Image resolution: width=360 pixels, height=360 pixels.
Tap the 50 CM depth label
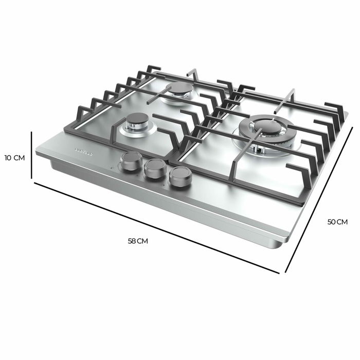[x=338, y=222]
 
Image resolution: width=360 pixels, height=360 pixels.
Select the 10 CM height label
[x=14, y=157]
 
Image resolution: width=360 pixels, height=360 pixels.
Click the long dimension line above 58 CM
[x=154, y=226]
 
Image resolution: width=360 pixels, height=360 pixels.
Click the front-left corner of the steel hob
[x=37, y=154]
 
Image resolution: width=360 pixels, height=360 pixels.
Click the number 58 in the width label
[x=132, y=241]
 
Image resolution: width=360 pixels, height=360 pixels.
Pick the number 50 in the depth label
[x=332, y=222]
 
